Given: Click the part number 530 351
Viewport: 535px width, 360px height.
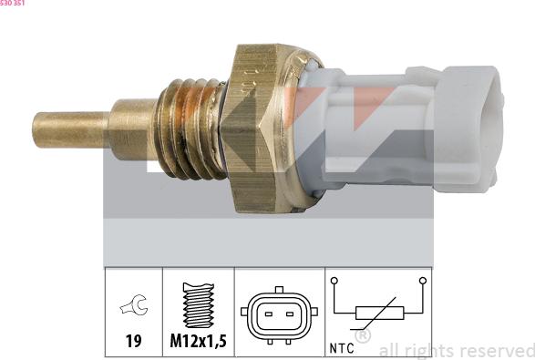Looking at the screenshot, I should click(x=13, y=4).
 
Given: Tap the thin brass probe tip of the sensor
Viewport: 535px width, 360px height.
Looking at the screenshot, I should click(x=68, y=126).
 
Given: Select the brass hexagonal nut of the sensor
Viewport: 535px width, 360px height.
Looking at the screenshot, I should click(x=263, y=128).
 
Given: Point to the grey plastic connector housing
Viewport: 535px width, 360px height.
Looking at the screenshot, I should click(x=410, y=128).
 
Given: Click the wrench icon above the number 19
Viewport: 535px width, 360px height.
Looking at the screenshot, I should click(x=133, y=306).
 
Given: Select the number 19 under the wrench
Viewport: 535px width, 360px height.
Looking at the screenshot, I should click(x=133, y=343).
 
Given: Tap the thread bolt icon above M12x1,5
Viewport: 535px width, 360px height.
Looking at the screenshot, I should click(x=198, y=305).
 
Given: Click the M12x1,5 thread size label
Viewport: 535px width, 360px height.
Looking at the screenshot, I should click(x=198, y=343).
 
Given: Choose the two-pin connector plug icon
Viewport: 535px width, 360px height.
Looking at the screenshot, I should click(x=280, y=314).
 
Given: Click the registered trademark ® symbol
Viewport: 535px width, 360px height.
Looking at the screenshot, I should click(x=362, y=336).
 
